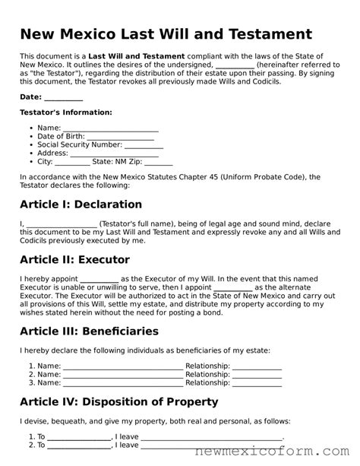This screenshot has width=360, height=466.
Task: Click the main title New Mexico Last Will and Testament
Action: [x=166, y=34]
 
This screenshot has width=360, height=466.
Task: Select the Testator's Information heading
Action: [x=65, y=112]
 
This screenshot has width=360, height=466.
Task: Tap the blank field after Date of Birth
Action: [x=112, y=135]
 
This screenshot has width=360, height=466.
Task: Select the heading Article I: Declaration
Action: [x=81, y=204]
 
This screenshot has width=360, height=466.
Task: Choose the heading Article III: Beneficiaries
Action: [x=89, y=331]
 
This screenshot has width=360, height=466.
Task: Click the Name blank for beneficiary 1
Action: [x=122, y=366]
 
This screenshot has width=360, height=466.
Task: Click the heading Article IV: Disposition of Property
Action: [x=118, y=402]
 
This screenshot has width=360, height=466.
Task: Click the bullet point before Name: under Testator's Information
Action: [x=30, y=127]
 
